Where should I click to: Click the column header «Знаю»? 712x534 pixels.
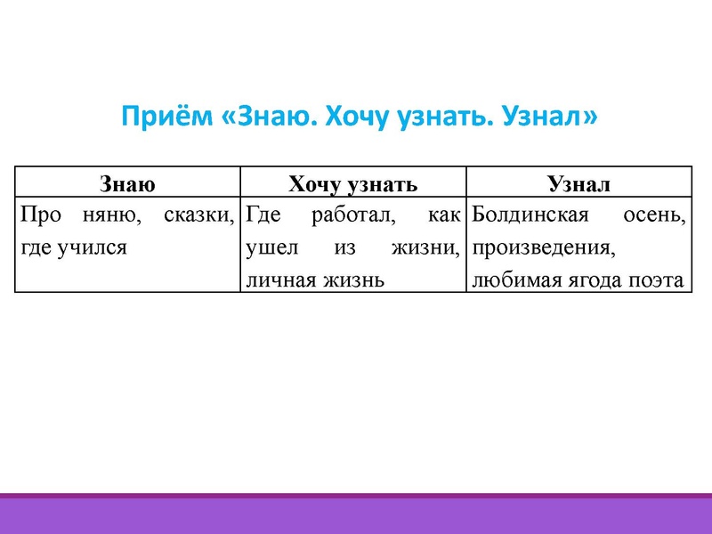pos(128,184)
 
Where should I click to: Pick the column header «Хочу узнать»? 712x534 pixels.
pos(352,184)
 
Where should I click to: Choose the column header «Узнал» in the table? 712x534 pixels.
pos(578,184)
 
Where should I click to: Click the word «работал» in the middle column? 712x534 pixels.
pos(345,214)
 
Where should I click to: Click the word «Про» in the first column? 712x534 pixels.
pos(39,214)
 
